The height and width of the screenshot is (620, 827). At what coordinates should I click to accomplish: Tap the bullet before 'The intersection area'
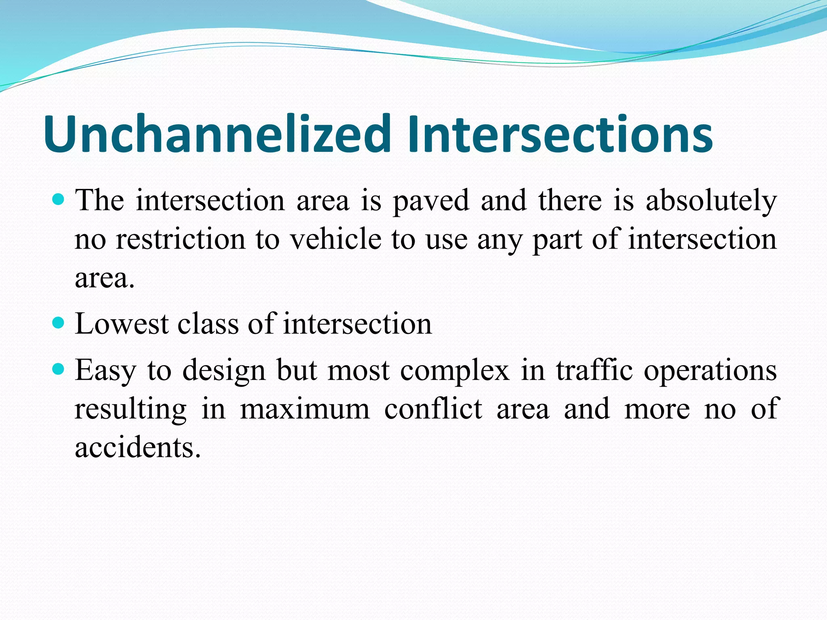click(x=59, y=199)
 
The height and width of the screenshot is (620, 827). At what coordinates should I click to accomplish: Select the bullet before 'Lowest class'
click(x=59, y=323)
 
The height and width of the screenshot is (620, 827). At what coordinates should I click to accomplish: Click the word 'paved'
click(x=431, y=201)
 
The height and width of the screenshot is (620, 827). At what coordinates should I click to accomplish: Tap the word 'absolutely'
click(x=711, y=201)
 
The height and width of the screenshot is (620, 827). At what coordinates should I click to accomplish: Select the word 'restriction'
click(x=181, y=239)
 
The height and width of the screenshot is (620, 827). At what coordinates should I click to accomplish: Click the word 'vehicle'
click(x=336, y=239)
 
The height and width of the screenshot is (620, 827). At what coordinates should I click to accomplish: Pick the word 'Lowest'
click(x=122, y=324)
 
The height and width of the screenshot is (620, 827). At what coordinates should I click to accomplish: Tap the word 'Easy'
click(x=105, y=371)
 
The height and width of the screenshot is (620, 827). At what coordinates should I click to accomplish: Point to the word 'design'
click(x=224, y=371)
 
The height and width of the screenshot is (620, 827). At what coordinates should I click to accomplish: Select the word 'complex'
click(x=455, y=371)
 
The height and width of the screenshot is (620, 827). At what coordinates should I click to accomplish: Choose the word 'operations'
click(x=710, y=371)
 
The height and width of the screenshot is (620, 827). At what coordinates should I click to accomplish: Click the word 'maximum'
click(x=305, y=409)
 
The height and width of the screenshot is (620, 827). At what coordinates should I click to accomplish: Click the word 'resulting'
click(x=130, y=409)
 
